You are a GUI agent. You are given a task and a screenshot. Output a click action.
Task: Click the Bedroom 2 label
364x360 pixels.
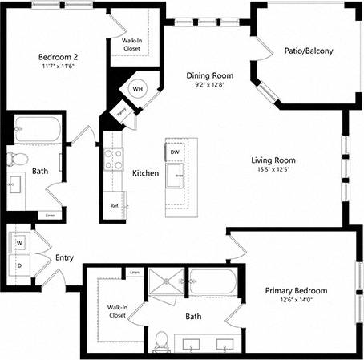[59, 57]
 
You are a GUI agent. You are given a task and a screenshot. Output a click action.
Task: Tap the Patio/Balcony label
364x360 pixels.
[308, 51]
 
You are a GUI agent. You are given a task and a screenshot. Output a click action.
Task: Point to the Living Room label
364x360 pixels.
[273, 160]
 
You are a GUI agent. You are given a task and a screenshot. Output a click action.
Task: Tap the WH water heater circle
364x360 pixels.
[137, 89]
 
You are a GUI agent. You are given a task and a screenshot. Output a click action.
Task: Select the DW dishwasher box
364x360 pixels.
[175, 152]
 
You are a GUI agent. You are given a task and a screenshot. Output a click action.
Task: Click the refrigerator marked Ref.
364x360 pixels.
[114, 206]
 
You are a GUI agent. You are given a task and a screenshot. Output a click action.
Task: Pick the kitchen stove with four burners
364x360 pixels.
[114, 158]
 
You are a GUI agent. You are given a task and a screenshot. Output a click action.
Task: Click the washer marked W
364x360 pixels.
[19, 241]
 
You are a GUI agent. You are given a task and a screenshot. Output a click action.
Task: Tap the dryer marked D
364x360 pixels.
[19, 264]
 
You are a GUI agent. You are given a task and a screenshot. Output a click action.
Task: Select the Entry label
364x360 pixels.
[65, 258]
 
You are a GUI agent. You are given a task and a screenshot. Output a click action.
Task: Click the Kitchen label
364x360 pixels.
[145, 173]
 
